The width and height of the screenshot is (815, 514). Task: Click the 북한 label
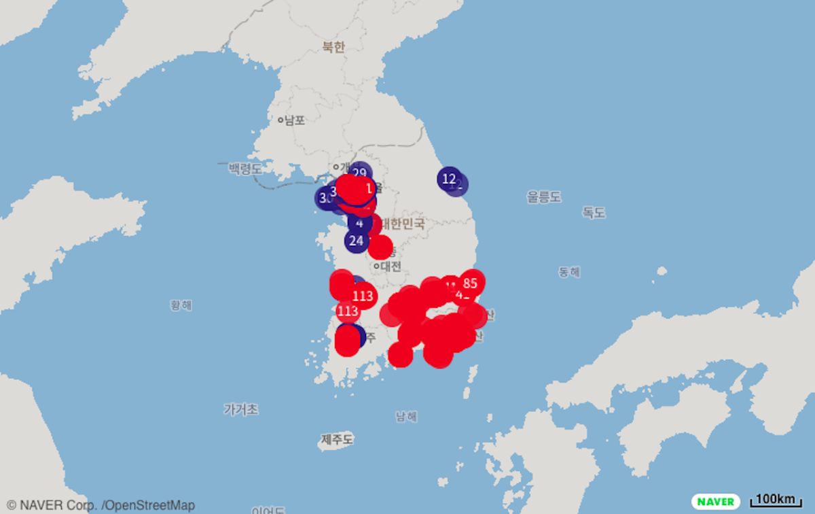pyautogui.click(x=333, y=47)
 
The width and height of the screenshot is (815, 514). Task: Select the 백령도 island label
pyautogui.click(x=244, y=169)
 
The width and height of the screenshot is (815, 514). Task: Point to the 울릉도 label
pyautogui.click(x=544, y=197)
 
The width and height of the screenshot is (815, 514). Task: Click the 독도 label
pyautogui.click(x=593, y=212)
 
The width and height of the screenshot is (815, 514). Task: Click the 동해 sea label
pyautogui.click(x=569, y=272)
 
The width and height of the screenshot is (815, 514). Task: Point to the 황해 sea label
pyautogui.click(x=181, y=305)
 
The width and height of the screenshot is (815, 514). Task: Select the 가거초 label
pyautogui.click(x=240, y=409)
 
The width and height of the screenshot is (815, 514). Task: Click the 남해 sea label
pyautogui.click(x=406, y=417)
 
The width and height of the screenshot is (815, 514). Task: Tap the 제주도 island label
pyautogui.click(x=337, y=440)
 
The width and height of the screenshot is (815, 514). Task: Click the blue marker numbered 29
pyautogui.click(x=359, y=173)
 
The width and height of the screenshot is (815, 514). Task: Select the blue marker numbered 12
pyautogui.click(x=448, y=179)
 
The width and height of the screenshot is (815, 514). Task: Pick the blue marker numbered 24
pyautogui.click(x=356, y=239)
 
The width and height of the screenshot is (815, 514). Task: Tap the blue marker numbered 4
pyautogui.click(x=359, y=222)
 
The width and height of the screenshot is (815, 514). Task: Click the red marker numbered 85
pyautogui.click(x=470, y=283)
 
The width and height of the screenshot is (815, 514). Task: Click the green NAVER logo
pyautogui.click(x=716, y=501)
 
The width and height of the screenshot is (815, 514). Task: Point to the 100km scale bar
pyautogui.click(x=775, y=500)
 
